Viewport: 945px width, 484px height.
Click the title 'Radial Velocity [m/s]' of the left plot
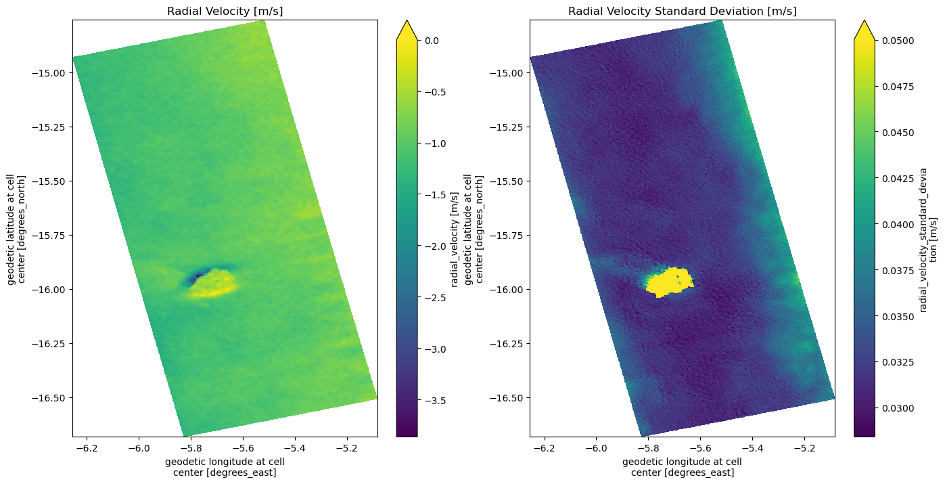225,11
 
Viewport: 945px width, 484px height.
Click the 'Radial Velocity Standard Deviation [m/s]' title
682,11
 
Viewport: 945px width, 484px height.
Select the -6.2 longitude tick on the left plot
86,447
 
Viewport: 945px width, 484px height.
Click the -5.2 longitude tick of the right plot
804,447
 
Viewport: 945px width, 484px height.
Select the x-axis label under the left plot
225,467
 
